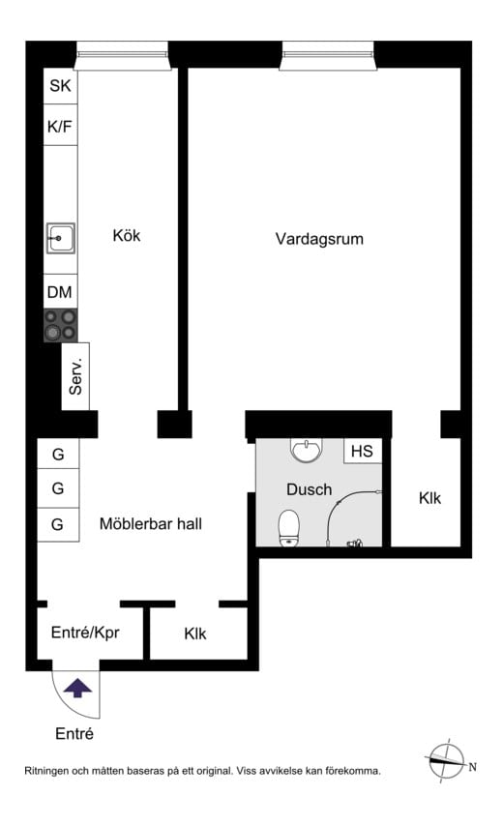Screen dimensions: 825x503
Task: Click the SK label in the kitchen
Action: [60, 85]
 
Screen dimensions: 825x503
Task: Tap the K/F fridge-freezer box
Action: [60, 125]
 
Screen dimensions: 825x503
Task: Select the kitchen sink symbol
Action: [60, 235]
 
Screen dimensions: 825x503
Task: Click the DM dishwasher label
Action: [60, 291]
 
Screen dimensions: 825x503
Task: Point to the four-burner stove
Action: [60, 324]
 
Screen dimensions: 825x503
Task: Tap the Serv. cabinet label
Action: [76, 374]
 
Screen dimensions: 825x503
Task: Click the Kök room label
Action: [126, 235]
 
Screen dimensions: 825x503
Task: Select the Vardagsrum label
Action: [319, 238]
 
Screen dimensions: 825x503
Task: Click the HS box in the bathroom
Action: [362, 452]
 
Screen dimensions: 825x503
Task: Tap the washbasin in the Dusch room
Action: [305, 451]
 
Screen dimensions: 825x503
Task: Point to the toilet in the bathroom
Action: [289, 528]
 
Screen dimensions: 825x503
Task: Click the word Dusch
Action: [309, 489]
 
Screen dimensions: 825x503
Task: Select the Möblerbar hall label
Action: [150, 524]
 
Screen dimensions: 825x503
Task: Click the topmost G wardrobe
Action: [58, 454]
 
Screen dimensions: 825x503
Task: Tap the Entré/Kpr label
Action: [85, 633]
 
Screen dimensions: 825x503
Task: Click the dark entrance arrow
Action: [77, 688]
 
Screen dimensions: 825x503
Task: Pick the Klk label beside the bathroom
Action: [429, 498]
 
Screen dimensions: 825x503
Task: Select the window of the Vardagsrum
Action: [327, 55]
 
